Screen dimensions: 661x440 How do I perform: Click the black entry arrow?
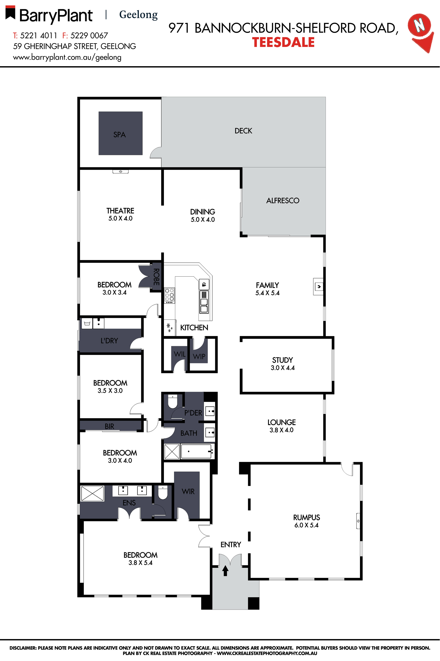pos(225,571)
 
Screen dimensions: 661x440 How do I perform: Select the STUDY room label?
pos(282,360)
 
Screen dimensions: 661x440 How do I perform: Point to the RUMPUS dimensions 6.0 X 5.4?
pos(306,525)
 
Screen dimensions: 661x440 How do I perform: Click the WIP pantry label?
pos(199,356)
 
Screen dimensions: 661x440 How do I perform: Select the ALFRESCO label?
pos(283,201)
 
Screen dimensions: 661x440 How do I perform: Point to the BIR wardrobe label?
pos(109,426)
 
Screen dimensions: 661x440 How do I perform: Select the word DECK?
pos(243,131)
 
